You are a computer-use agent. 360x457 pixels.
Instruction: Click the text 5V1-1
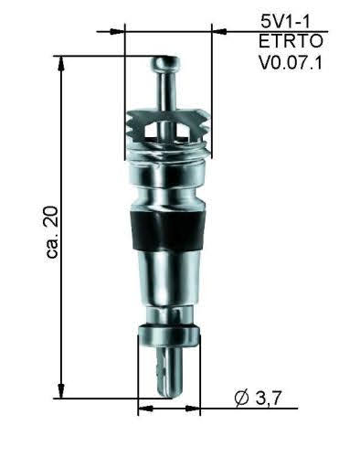[285, 22]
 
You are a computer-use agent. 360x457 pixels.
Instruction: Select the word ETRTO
[291, 41]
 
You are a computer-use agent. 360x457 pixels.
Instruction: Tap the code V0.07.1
[291, 63]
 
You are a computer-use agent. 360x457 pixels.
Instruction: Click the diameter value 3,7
[268, 398]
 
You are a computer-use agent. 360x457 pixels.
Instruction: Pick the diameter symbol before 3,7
[242, 399]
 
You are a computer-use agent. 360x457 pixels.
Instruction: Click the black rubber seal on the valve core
[166, 230]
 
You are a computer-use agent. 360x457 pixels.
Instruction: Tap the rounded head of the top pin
[165, 64]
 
